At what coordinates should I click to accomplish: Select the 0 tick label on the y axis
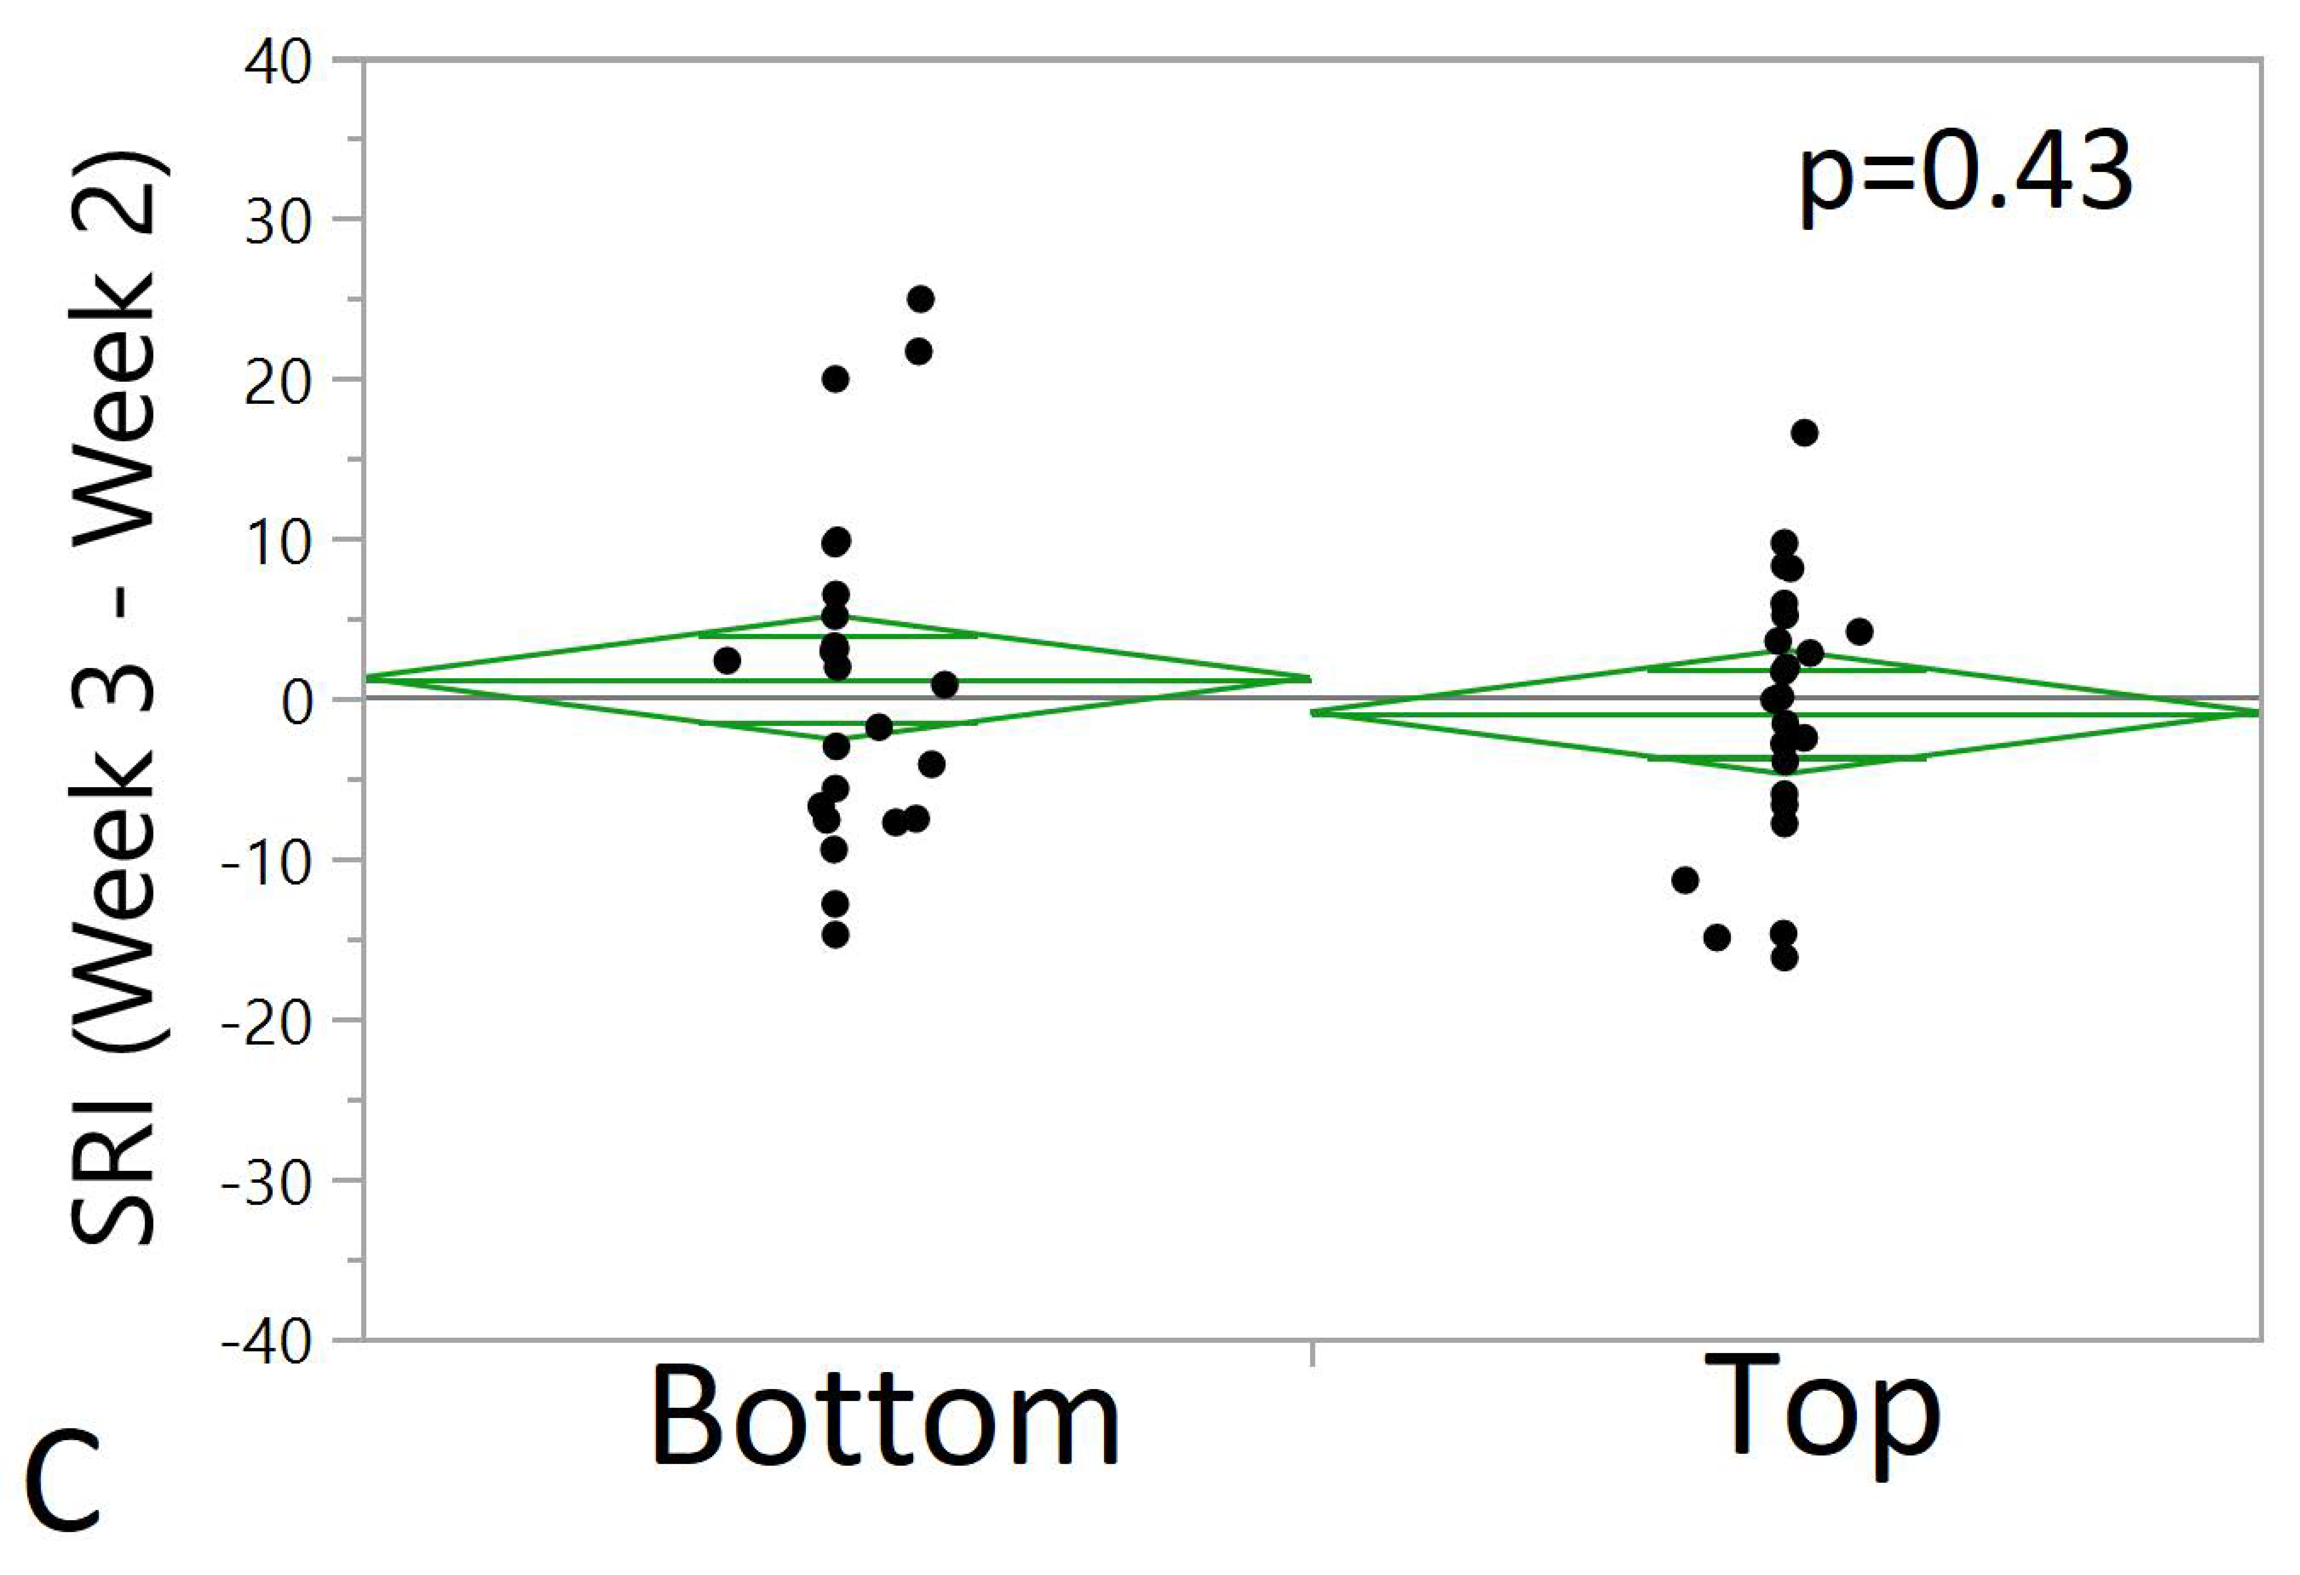296,702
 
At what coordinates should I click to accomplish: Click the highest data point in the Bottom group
920,299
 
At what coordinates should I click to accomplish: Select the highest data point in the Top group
1804,433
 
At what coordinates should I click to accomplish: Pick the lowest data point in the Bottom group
835,935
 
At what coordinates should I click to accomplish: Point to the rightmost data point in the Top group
1859,631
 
